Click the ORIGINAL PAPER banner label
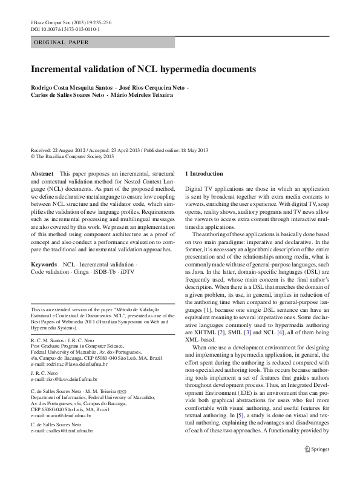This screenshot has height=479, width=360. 61,42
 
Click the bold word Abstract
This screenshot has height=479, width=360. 42,174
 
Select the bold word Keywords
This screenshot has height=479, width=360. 44,265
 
